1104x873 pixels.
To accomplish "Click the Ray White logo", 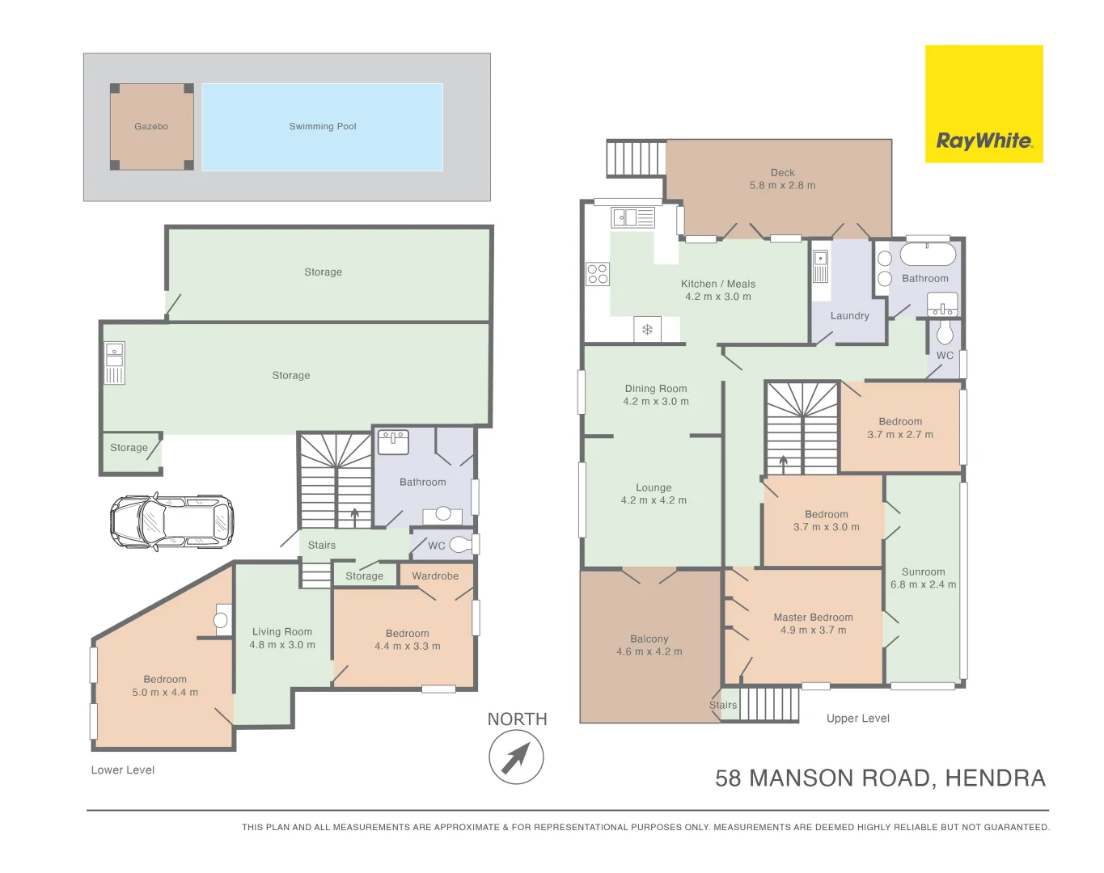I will pos(983,104).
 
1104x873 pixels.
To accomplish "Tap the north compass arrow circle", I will pos(516,757).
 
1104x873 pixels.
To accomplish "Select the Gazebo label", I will pos(151,126).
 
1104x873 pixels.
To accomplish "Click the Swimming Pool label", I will pos(323,126).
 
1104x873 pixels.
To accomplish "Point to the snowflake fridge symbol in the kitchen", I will pos(647,329).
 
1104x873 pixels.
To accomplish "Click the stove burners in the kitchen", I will pos(598,274).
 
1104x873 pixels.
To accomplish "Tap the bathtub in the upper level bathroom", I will pos(928,255).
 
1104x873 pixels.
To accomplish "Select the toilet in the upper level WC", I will pos(945,333).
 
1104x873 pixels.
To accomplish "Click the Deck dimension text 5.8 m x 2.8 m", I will pos(782,185).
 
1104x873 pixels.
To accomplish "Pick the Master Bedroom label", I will pos(813,617).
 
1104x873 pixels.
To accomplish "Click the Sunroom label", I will pos(923,571).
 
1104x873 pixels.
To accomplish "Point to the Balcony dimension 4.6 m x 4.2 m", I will pos(649,652).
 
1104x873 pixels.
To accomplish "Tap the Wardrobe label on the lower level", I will pos(435,576).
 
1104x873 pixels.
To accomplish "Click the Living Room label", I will pos(282,631).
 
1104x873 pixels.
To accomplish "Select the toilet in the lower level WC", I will pos(459,544).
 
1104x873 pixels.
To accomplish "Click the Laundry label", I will pos(849,315).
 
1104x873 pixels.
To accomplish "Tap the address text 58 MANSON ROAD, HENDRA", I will pos(880,778).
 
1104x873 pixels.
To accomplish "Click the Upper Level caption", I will pos(857,718).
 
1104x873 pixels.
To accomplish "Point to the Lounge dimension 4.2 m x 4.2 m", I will pos(654,500).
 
